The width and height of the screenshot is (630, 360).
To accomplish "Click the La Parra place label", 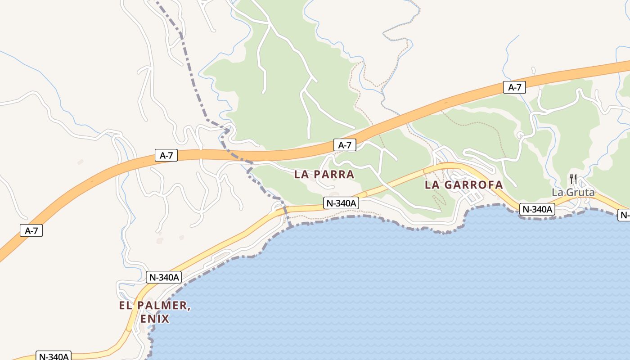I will (324, 174).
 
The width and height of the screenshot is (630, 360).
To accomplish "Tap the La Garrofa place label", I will (464, 185).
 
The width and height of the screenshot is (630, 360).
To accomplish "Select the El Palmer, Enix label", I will (155, 312).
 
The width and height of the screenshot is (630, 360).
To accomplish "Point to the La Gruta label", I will (573, 193).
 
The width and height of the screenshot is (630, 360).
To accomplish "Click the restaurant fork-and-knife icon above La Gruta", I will (573, 179).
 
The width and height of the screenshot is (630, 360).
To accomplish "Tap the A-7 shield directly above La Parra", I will (345, 145).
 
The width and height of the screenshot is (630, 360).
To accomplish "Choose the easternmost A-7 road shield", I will (514, 87).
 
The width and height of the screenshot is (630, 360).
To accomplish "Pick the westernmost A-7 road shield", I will (31, 231).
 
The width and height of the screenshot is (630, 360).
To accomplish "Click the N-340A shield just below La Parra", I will (341, 203).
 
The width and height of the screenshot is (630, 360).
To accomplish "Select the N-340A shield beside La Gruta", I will (537, 209).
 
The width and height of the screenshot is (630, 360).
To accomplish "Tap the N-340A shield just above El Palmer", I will (164, 277).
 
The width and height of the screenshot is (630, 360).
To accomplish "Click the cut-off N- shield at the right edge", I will (624, 215).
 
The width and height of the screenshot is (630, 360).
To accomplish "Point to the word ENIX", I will (155, 319).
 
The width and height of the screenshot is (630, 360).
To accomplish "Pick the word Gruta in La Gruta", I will (580, 193).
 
